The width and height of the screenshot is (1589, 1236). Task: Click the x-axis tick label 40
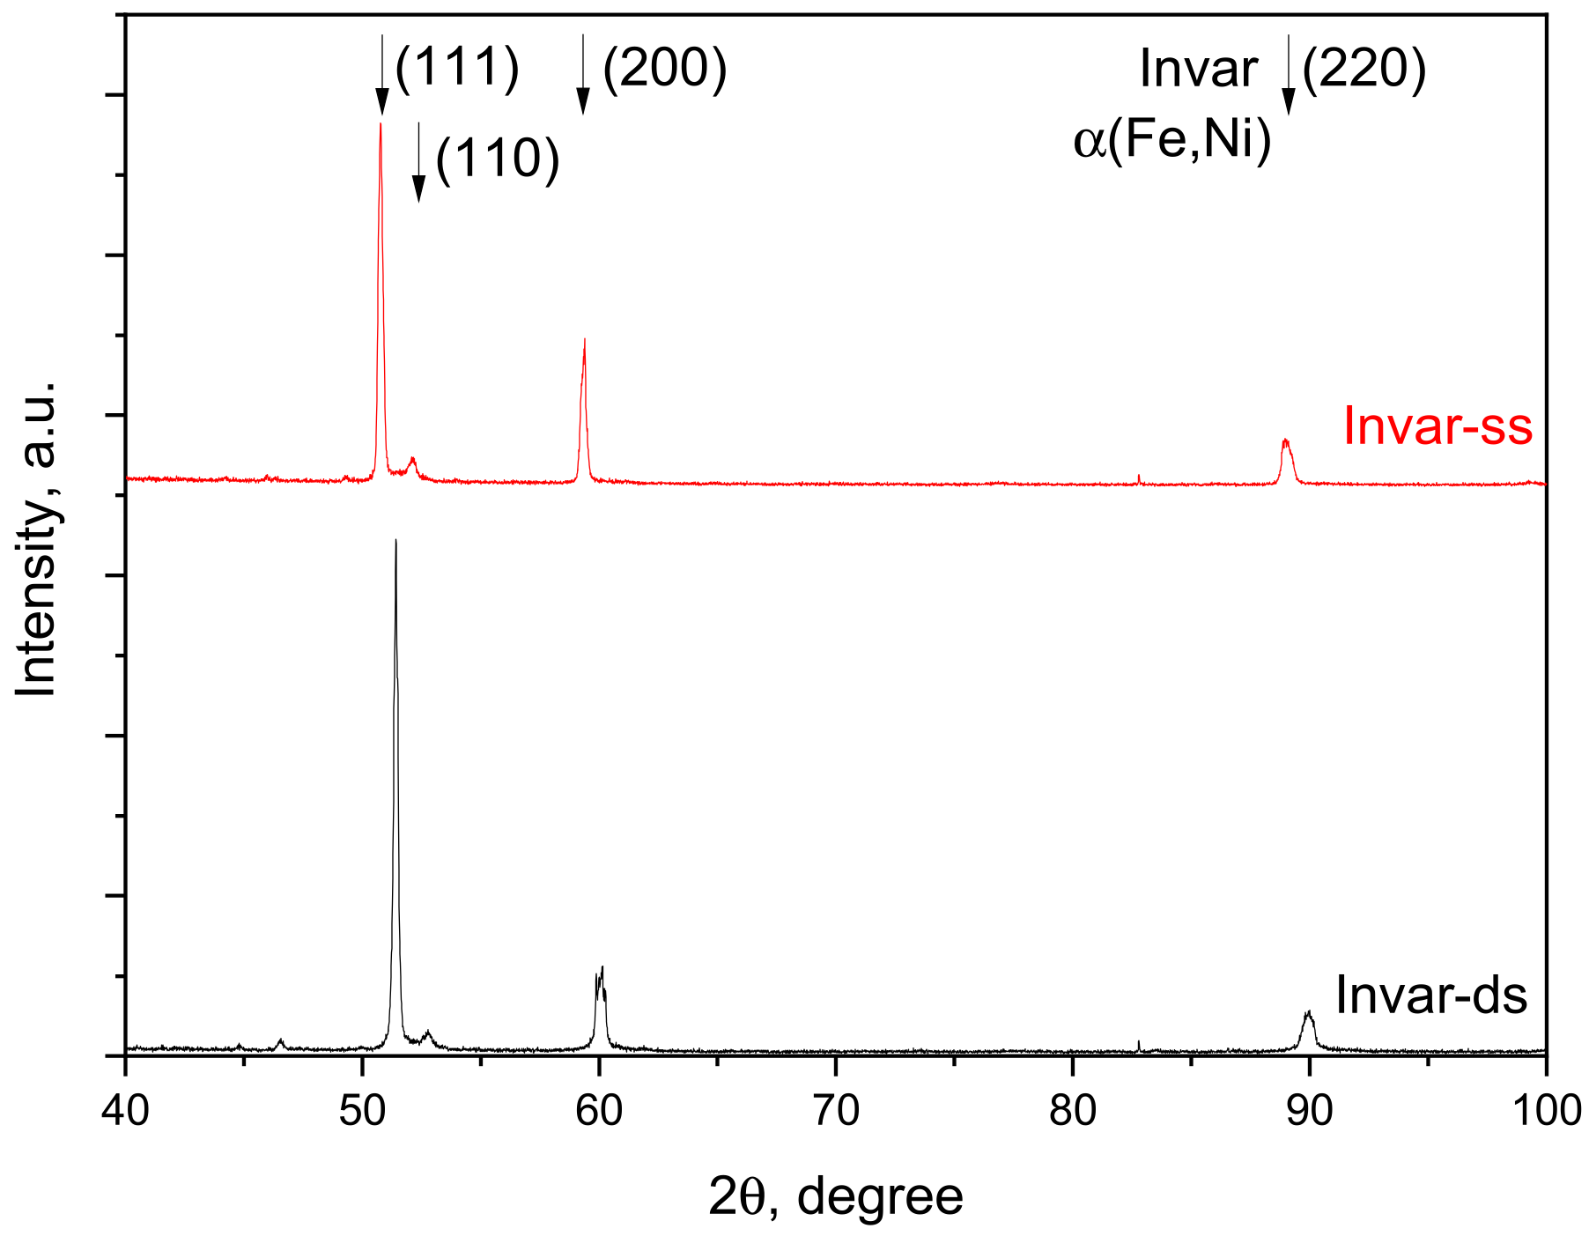(125, 1112)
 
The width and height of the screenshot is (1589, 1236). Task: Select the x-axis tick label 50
(362, 1112)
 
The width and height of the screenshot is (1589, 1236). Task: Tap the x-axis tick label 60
(599, 1112)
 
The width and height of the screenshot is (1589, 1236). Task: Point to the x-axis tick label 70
(836, 1112)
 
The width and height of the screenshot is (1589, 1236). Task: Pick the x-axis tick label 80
(1073, 1112)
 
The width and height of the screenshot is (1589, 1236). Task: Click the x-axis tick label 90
(1310, 1112)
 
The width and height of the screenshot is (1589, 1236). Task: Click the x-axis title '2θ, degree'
(836, 1197)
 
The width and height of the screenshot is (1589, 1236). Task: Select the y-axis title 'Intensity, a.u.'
(36, 539)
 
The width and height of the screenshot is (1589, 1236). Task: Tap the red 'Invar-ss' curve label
(1437, 426)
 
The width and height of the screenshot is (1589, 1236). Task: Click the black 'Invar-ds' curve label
(1431, 995)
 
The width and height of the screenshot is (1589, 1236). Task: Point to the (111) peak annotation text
(457, 68)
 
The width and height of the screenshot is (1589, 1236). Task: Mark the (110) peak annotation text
(498, 159)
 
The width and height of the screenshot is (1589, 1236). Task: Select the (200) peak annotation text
(665, 68)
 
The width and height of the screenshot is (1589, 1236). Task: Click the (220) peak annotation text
(1364, 68)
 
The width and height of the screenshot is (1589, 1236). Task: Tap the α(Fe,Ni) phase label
(1172, 140)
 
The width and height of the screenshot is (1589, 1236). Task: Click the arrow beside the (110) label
(418, 162)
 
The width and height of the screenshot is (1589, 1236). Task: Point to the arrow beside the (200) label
(582, 74)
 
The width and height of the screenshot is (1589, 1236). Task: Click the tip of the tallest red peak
(381, 123)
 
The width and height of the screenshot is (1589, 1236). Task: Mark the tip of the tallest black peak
(395, 539)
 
